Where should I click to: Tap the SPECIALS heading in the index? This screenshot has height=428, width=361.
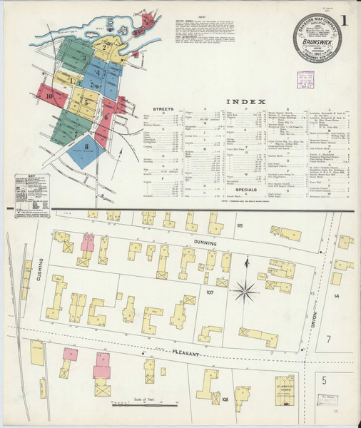tap(245, 190)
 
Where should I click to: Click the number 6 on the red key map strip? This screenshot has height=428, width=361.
tap(106, 116)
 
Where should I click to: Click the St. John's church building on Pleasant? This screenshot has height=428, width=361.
tap(285, 390)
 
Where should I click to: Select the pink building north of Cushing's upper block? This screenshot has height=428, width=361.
tap(88, 243)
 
